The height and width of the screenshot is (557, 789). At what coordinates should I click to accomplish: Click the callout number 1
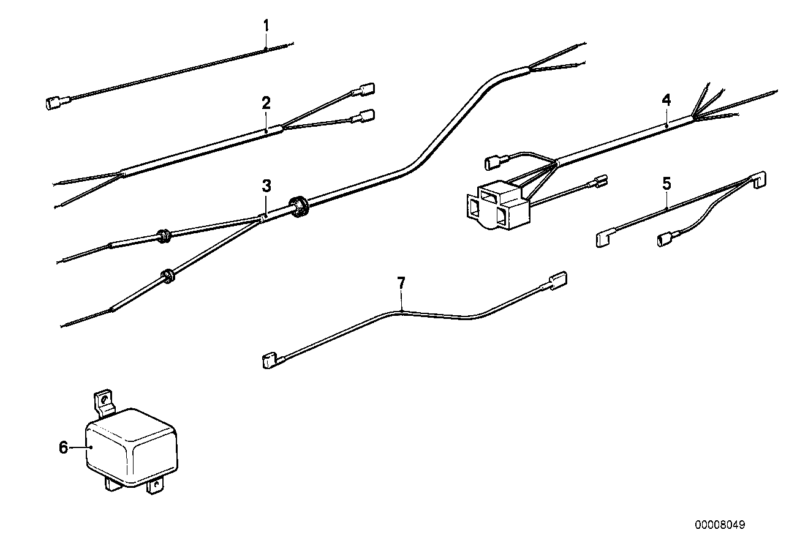tap(266, 26)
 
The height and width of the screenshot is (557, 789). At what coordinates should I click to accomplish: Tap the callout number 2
tap(266, 103)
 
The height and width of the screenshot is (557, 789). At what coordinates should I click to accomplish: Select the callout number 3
tap(266, 185)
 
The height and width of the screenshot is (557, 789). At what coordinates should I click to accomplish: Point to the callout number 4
tap(666, 99)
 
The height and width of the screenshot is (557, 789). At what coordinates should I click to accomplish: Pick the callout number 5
tap(666, 182)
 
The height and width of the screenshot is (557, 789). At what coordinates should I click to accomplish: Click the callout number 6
tap(64, 447)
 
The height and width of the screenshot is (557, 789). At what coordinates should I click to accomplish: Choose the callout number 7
tap(401, 283)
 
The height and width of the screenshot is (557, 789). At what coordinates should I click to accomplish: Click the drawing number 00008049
tap(720, 525)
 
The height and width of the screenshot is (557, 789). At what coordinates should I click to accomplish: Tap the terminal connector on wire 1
tap(54, 103)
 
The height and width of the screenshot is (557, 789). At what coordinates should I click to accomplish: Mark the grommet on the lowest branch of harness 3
tap(167, 277)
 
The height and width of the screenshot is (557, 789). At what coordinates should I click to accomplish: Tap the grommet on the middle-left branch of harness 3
tap(164, 236)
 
